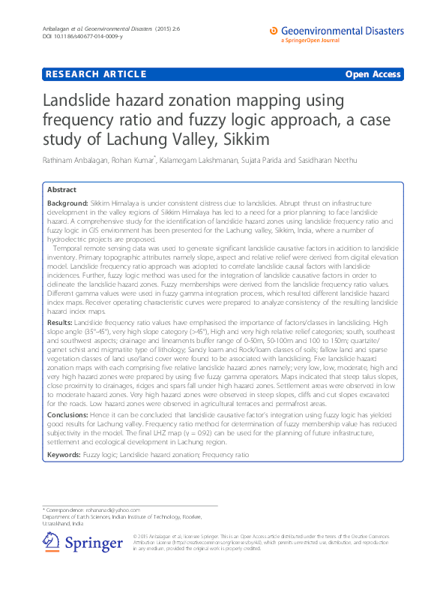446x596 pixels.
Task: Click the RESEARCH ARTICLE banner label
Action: point(95,74)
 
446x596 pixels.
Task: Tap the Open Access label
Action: point(373,74)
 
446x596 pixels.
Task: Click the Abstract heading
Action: point(61,191)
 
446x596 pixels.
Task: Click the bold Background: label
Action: point(68,203)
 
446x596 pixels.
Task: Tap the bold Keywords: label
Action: point(64,455)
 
